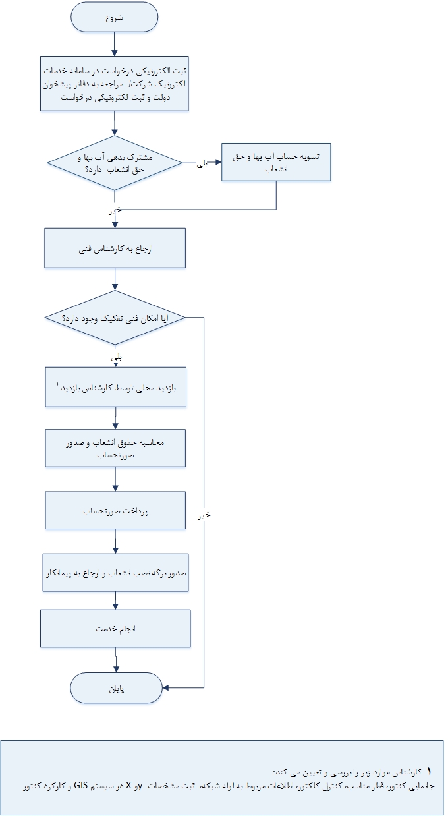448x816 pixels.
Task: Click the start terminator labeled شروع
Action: (115, 18)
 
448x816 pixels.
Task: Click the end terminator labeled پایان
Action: (116, 689)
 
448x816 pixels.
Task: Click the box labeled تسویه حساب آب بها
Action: (275, 162)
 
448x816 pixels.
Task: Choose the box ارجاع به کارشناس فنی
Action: (115, 248)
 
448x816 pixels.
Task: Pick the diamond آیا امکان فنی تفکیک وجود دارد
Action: (115, 318)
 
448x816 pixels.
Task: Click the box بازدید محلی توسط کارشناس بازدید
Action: (115, 388)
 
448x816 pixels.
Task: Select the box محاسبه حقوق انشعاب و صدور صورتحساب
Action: (115, 449)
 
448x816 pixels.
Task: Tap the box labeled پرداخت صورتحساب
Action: (115, 511)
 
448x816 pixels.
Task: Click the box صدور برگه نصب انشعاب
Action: (115, 573)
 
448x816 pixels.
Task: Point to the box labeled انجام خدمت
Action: (115, 628)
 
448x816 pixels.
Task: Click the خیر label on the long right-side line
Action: (204, 516)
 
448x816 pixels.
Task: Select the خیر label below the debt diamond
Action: (116, 211)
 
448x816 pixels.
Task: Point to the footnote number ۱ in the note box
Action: (429, 771)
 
